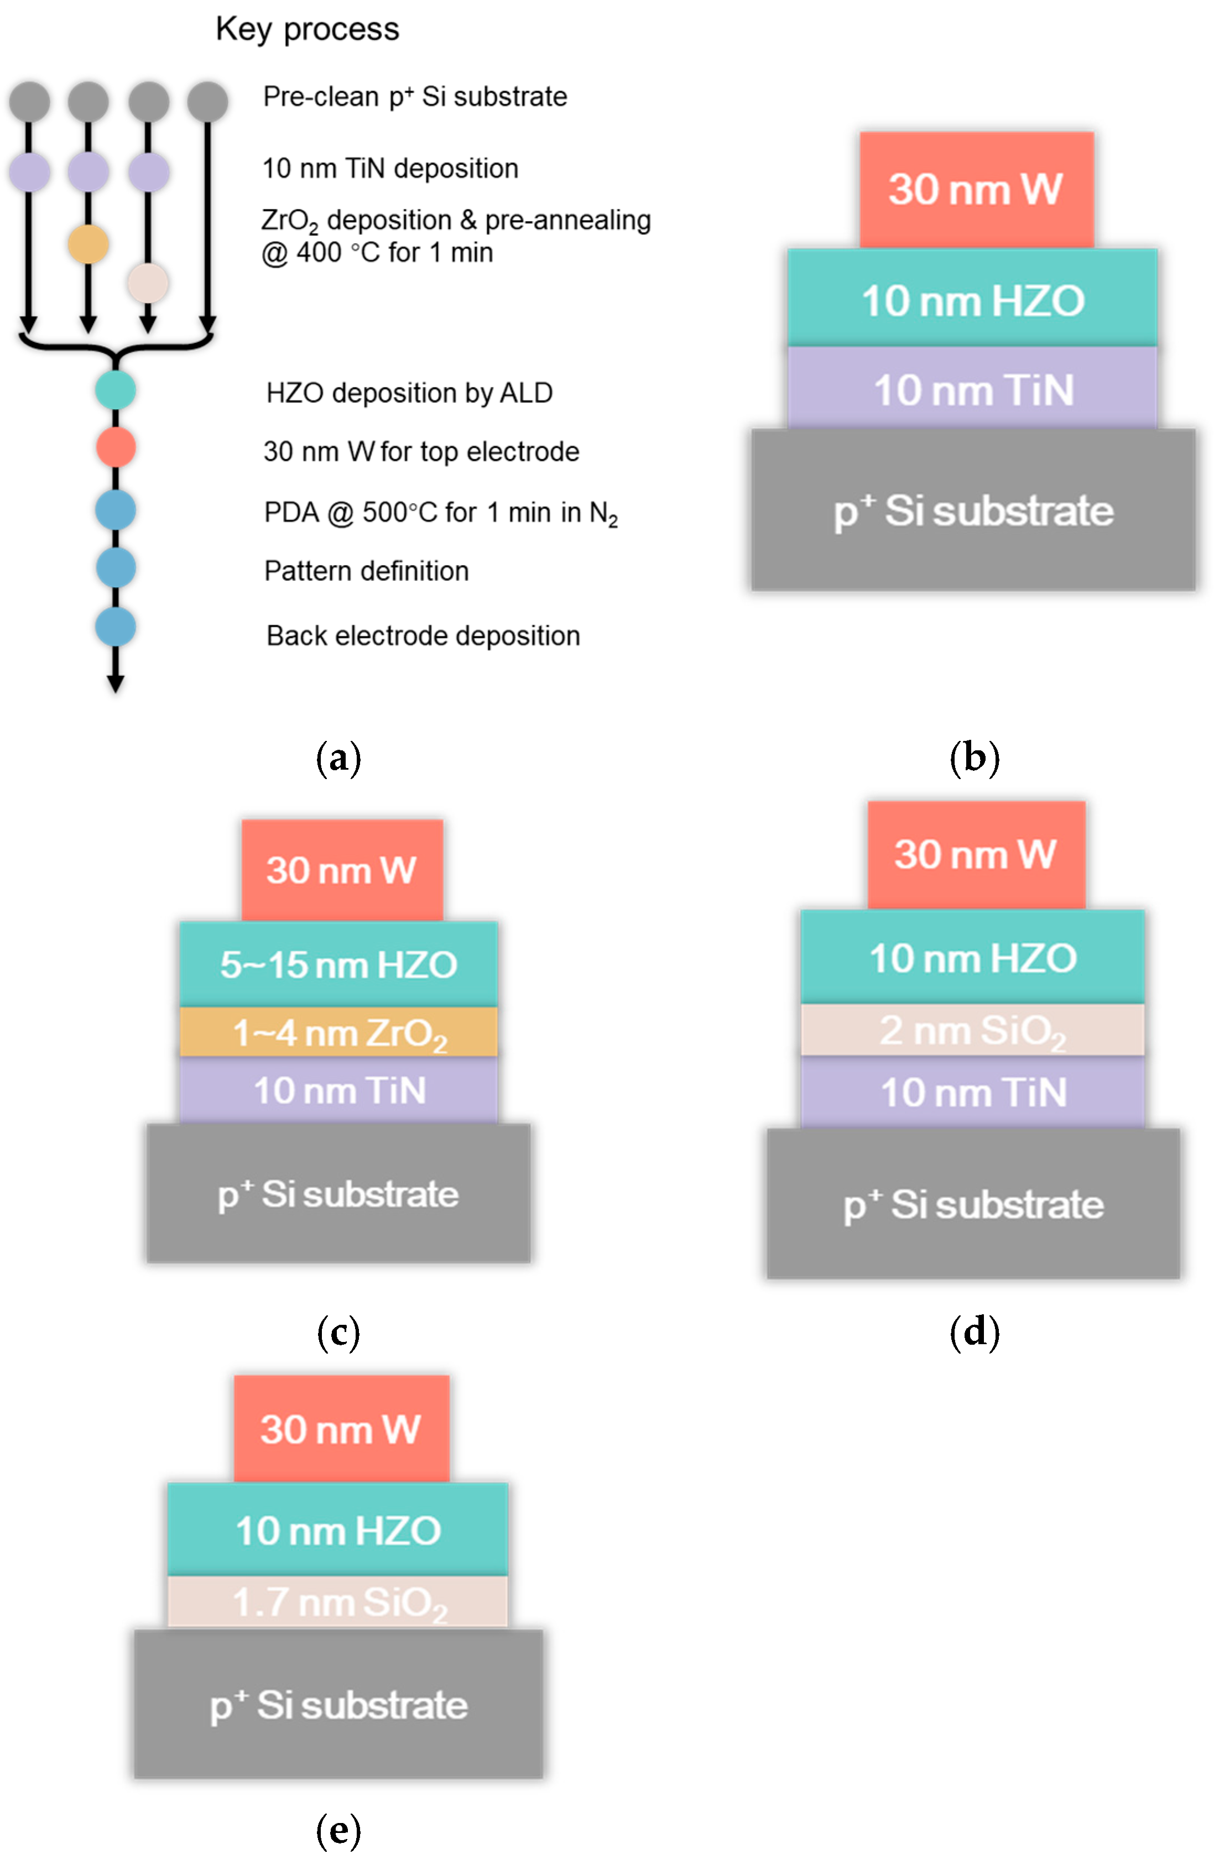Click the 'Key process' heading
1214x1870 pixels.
coord(307,29)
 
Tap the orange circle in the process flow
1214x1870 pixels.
coord(88,244)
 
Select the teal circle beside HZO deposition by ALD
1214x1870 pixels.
coord(116,390)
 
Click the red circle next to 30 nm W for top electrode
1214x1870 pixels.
coord(116,447)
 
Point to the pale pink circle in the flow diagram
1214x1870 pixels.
coord(148,283)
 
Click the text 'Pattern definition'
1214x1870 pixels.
coord(366,571)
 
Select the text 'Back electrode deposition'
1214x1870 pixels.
coord(423,636)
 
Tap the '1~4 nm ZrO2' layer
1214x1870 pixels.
coord(338,1032)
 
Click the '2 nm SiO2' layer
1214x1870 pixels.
coord(972,1030)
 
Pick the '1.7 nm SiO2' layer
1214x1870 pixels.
coord(338,1602)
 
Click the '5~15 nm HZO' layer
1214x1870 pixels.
coord(338,964)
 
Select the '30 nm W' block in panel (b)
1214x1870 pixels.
coord(976,189)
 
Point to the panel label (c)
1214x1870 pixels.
coord(338,1333)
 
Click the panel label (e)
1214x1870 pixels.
coord(338,1830)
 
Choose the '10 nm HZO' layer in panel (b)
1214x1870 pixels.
coord(972,300)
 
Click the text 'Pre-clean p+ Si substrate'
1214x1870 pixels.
coord(415,97)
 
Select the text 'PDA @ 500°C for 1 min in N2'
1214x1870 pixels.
coord(441,513)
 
